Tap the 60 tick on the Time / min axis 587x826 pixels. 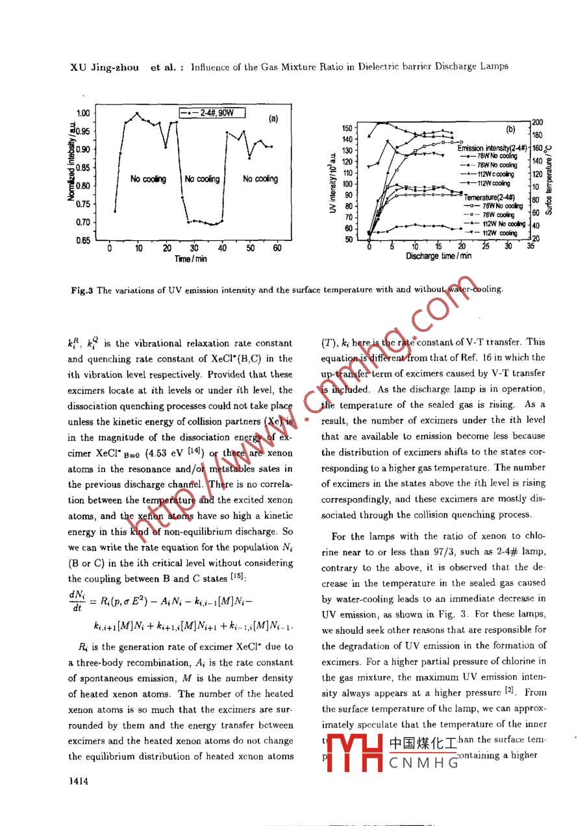[277, 247]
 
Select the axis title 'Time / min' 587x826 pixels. [191, 259]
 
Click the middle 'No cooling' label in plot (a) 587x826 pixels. [203, 179]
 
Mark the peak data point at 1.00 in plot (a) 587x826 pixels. [137, 114]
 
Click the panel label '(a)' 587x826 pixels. [273, 119]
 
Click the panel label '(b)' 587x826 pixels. [510, 129]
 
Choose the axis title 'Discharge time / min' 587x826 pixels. [439, 256]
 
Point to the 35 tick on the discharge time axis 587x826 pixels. [530, 246]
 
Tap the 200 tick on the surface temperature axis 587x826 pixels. [538, 122]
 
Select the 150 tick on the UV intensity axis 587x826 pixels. [347, 129]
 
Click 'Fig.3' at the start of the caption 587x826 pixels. [82, 290]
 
